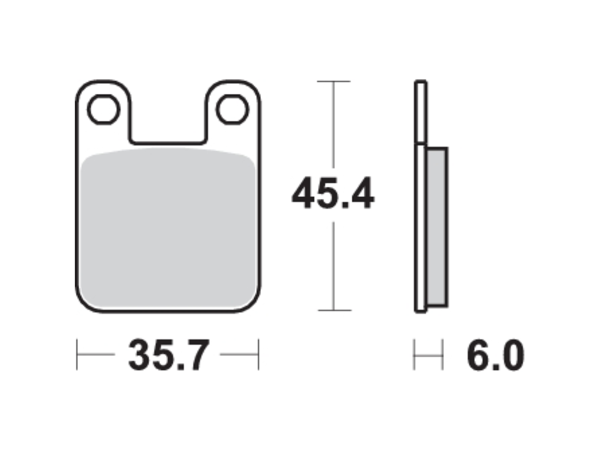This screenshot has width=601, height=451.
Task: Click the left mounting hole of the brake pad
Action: [x=103, y=110]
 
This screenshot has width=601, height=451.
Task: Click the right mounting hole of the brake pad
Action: [x=232, y=110]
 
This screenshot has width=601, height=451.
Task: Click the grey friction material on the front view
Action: [x=169, y=227]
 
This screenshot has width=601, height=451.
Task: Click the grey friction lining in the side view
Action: [x=437, y=227]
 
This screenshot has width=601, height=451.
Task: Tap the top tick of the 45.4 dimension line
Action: [x=334, y=82]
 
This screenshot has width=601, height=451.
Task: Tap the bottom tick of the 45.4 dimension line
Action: [x=334, y=310]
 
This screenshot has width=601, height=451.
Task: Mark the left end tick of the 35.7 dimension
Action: [x=77, y=354]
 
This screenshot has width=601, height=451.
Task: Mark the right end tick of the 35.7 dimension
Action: [x=258, y=354]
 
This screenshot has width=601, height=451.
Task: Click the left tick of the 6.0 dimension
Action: [x=415, y=354]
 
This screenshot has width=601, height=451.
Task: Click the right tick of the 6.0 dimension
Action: [x=442, y=354]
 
